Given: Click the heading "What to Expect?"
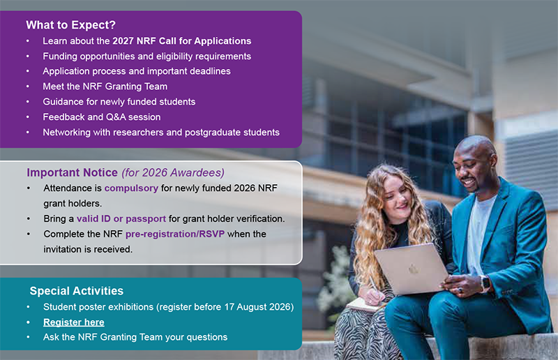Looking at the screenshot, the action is tap(71, 25).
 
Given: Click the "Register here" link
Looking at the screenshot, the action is tap(74, 322).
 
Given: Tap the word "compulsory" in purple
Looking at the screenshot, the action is tap(131, 188).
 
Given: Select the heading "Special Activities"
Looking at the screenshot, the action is tap(77, 291).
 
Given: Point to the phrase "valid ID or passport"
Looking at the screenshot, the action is tap(121, 218).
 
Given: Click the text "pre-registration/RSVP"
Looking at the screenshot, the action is tap(175, 234).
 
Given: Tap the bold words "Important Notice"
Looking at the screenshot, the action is tap(73, 173).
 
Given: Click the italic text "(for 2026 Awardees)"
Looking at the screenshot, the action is tap(173, 173).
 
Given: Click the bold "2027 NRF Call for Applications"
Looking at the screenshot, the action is tap(182, 41).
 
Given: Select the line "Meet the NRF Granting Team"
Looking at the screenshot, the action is tap(105, 87).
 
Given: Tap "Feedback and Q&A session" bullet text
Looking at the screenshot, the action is tap(102, 117).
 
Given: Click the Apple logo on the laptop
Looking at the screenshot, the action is tap(413, 269).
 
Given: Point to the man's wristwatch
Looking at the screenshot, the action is tap(485, 284).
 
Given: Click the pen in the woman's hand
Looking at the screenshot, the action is tap(374, 285).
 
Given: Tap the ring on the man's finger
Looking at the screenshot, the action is tap(460, 290).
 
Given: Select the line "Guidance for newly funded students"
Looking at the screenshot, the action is tap(119, 102).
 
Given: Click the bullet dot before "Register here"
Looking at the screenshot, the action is tap(28, 322).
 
